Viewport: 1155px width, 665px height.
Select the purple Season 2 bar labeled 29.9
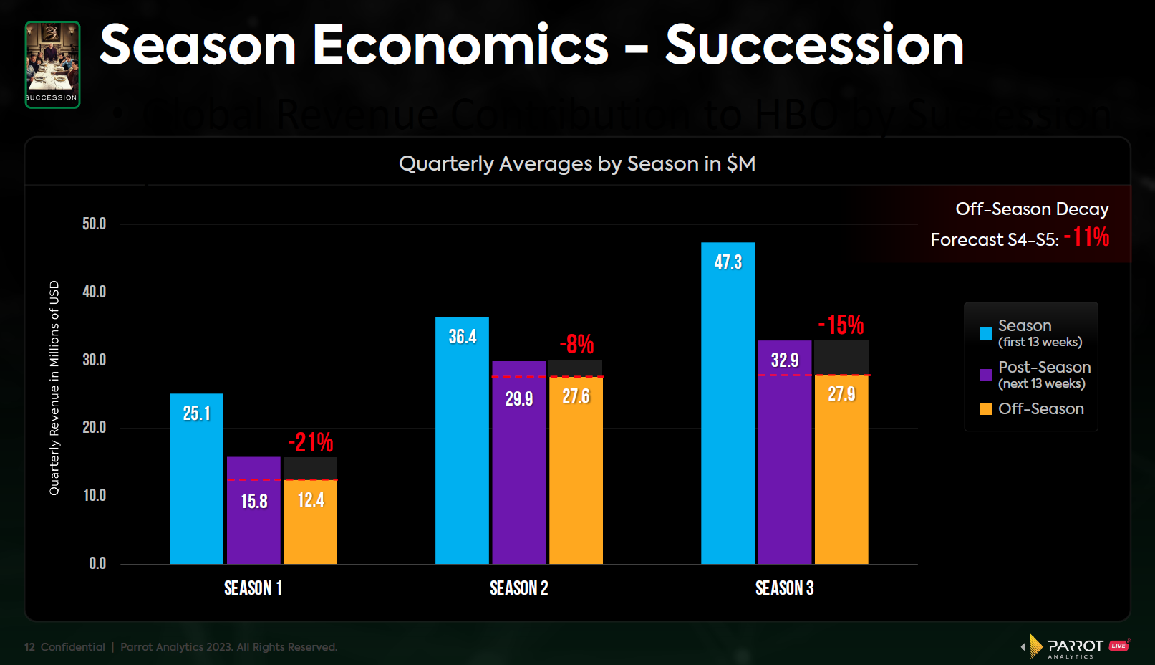pyautogui.click(x=518, y=462)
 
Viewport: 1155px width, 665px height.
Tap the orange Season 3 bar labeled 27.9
pyautogui.click(x=841, y=469)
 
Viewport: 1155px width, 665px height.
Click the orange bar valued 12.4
pyautogui.click(x=310, y=521)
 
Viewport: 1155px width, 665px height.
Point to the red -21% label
pyautogui.click(x=311, y=442)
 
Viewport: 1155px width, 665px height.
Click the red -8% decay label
pyautogui.click(x=576, y=344)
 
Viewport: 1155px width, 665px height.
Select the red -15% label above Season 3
pyautogui.click(x=841, y=325)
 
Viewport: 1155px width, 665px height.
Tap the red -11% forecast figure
pyautogui.click(x=1086, y=236)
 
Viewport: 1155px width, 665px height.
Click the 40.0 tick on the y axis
pyautogui.click(x=94, y=292)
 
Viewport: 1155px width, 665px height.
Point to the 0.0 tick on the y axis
pyautogui.click(x=97, y=563)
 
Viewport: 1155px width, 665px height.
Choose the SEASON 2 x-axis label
pyautogui.click(x=518, y=588)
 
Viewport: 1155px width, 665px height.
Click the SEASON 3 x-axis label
pyautogui.click(x=784, y=588)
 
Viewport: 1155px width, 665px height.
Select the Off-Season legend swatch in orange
pyautogui.click(x=986, y=408)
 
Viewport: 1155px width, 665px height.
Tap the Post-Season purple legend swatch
pyautogui.click(x=986, y=375)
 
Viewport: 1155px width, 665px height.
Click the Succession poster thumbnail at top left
pyautogui.click(x=52, y=64)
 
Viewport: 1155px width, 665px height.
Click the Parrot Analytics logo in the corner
pyautogui.click(x=1074, y=646)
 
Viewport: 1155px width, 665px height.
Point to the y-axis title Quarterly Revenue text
pyautogui.click(x=54, y=388)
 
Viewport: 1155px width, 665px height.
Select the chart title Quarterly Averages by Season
pyautogui.click(x=576, y=163)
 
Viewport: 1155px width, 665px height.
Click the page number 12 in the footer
pyautogui.click(x=29, y=647)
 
